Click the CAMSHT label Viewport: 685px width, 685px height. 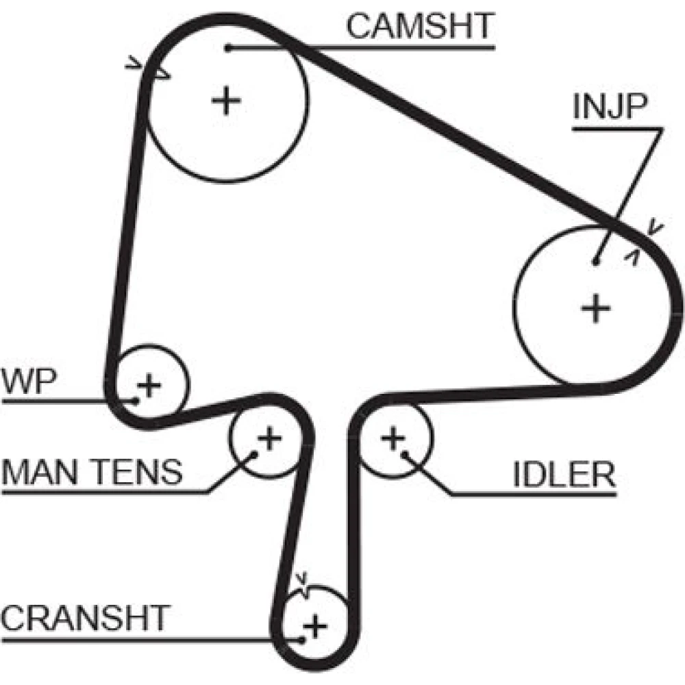coord(419,26)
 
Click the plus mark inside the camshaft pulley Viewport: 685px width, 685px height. coord(226,102)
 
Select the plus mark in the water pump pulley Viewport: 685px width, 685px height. coord(149,385)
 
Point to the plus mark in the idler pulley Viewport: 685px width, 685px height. coord(393,438)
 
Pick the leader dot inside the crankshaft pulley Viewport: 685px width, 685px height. coord(301,640)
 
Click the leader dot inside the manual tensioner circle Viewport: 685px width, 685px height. coord(254,453)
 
